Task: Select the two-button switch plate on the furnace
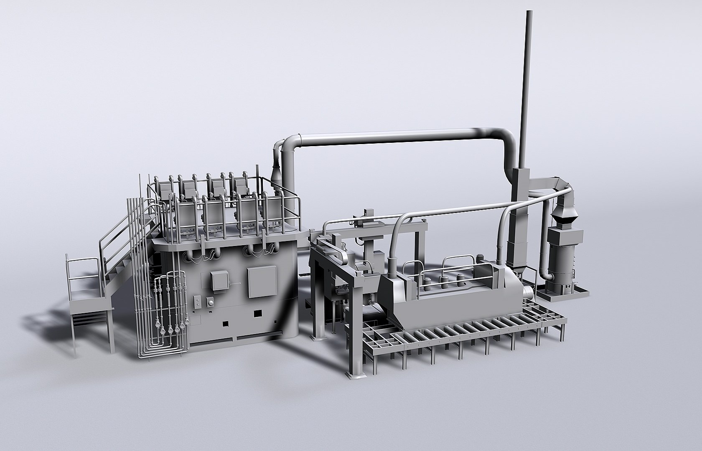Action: point(197,302)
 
